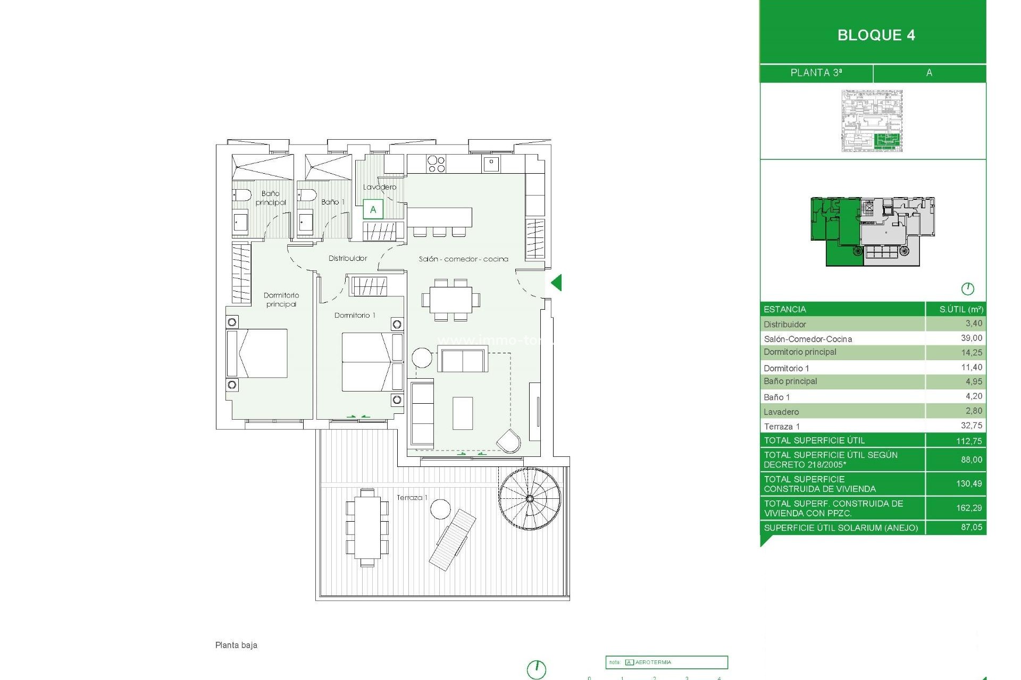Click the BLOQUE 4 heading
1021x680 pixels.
click(876, 35)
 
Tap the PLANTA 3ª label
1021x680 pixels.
click(816, 73)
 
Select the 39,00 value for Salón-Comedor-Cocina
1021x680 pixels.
click(971, 338)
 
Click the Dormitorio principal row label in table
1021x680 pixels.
click(800, 352)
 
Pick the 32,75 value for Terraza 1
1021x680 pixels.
click(971, 426)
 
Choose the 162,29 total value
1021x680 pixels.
click(968, 508)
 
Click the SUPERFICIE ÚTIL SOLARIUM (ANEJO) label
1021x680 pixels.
click(841, 528)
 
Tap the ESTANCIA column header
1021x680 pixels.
click(784, 309)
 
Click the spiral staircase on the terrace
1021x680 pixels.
click(530, 499)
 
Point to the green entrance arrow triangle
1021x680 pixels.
click(557, 283)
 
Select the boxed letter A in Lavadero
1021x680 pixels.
click(373, 209)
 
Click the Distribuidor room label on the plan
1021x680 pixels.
click(348, 258)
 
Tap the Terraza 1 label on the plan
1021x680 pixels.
click(412, 498)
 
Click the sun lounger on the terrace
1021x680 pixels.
click(453, 540)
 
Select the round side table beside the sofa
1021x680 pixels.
click(422, 358)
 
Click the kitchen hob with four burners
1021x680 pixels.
click(436, 164)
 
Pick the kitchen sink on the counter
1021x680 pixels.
click(491, 164)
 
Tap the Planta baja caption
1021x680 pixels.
click(236, 645)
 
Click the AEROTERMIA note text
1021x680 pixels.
click(653, 662)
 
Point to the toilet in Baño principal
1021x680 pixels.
click(242, 196)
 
